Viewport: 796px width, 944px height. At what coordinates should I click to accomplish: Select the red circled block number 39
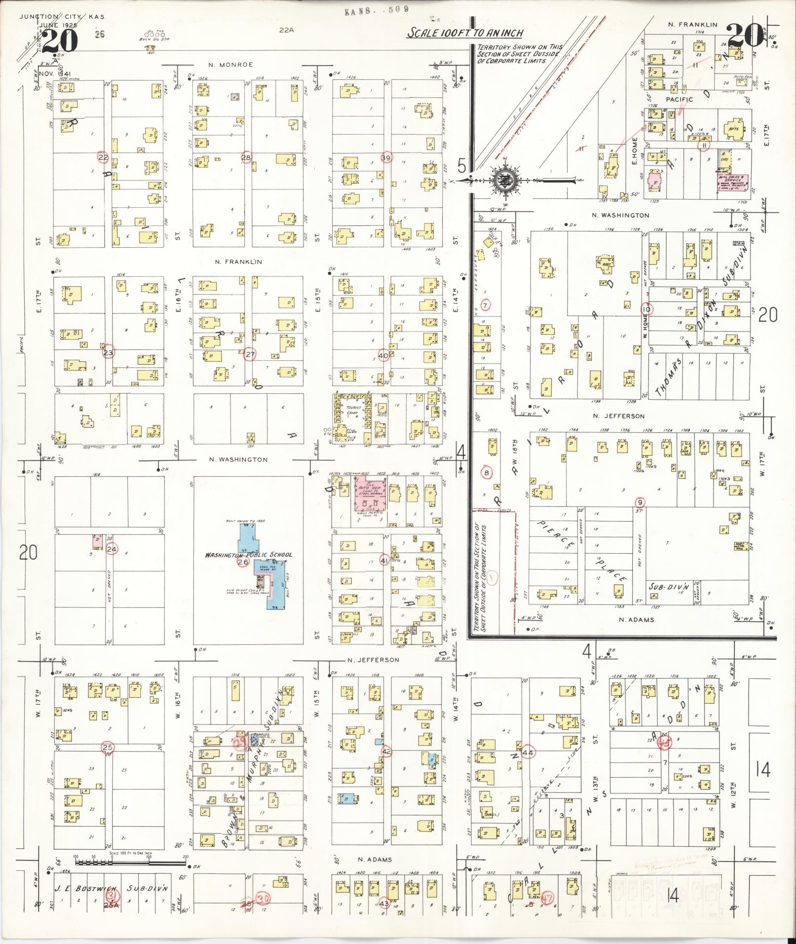point(386,157)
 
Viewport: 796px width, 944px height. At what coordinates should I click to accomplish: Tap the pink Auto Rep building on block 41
point(371,492)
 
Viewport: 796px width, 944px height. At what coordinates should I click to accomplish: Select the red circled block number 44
point(528,752)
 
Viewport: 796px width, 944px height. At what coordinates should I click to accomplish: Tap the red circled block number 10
point(646,309)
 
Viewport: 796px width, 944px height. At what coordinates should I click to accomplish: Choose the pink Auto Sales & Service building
point(733,181)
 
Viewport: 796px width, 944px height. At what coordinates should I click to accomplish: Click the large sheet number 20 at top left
point(60,40)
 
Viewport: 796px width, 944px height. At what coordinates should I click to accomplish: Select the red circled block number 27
point(250,354)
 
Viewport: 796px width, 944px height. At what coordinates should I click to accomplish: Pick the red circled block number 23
point(108,353)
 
